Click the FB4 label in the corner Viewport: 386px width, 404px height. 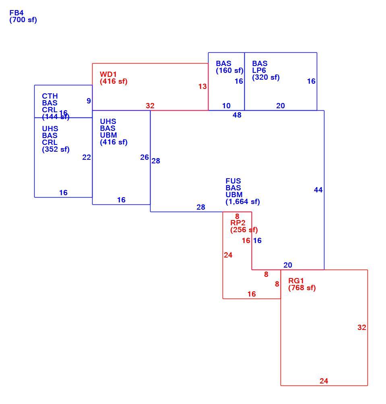(16, 12)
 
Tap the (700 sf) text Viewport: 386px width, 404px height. (23, 20)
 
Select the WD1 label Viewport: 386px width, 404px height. (108, 74)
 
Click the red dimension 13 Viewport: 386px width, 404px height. (202, 87)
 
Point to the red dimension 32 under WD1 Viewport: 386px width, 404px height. (150, 106)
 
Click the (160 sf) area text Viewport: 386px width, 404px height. (229, 70)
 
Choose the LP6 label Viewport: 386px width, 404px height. (259, 70)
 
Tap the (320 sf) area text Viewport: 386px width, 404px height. (266, 77)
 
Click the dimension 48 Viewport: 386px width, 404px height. (237, 115)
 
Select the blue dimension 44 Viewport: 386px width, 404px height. (318, 190)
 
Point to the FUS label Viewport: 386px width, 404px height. (233, 181)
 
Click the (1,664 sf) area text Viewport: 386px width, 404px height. (243, 202)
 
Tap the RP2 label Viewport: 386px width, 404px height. (238, 223)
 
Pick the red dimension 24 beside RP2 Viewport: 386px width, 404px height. (228, 255)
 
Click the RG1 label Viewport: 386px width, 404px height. (296, 280)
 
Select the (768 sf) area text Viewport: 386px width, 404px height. (302, 288)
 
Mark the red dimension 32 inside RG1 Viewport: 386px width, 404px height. (362, 328)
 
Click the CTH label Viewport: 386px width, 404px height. (50, 96)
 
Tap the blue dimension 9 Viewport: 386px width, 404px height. (89, 101)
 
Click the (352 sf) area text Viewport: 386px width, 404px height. (56, 149)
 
